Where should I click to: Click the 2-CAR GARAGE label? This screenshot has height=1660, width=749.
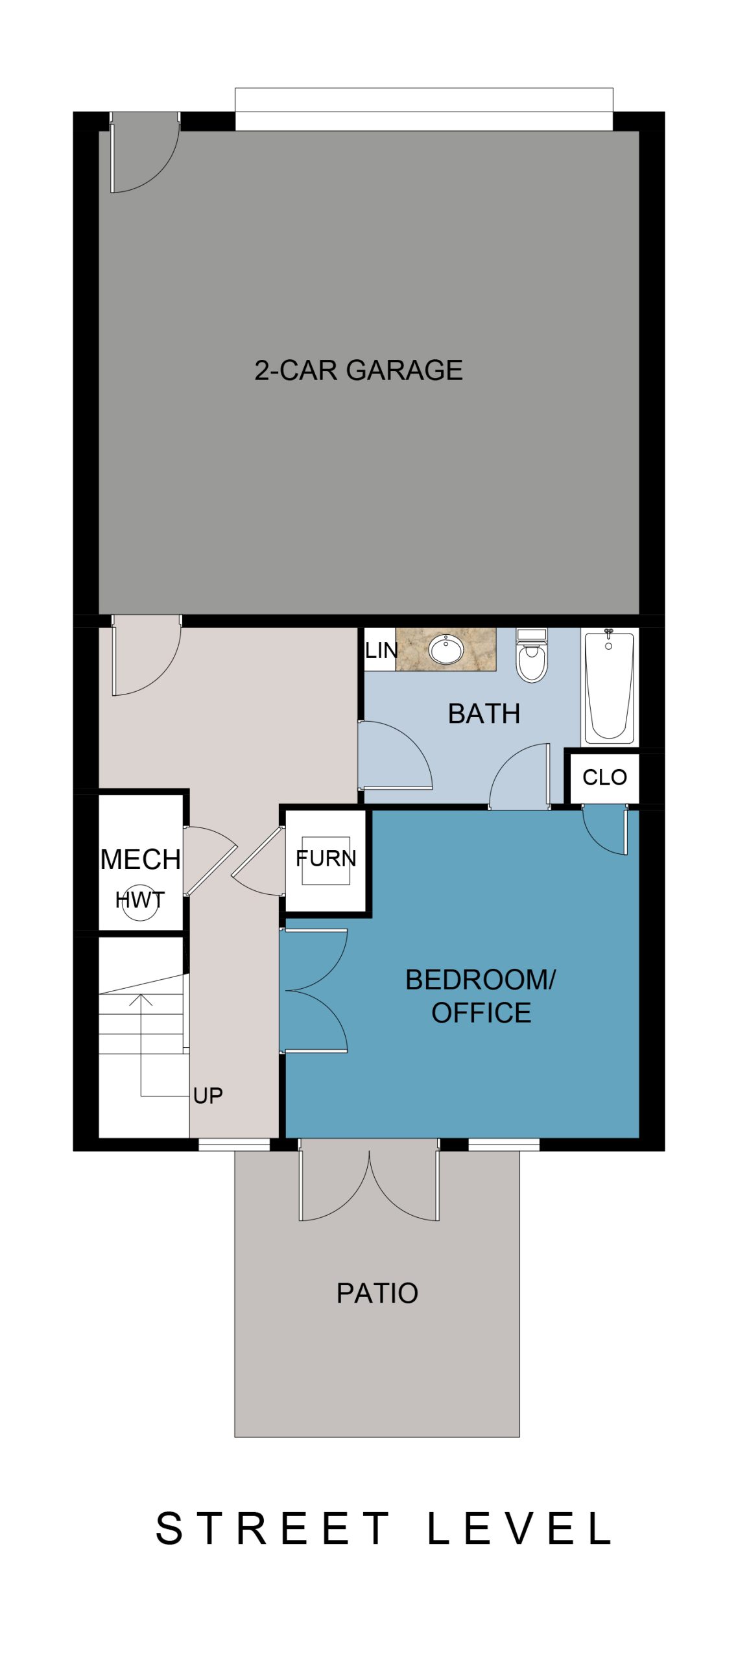358,370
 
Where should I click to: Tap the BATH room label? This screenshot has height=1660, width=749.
484,713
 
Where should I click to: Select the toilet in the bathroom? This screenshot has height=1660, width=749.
532,655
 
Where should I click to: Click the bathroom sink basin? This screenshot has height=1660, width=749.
446,650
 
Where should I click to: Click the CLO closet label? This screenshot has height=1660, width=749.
604,777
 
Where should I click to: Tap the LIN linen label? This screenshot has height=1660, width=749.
381,650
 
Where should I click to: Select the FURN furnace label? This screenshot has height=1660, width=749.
326,859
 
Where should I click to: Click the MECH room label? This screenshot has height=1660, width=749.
140,859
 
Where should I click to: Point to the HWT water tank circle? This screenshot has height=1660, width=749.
140,903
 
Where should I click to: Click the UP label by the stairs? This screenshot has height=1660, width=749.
208,1096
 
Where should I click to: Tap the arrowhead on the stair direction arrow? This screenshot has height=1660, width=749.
141,999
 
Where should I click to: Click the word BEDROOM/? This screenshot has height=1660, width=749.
480,980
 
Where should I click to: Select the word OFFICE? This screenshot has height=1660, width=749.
481,1013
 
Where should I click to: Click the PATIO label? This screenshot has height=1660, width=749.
377,1293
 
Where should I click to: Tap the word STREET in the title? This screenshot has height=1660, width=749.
273,1528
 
